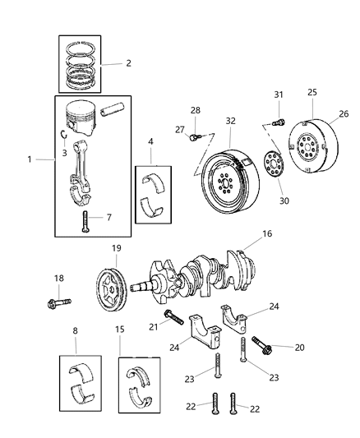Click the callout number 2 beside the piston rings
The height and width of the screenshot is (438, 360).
tap(127, 62)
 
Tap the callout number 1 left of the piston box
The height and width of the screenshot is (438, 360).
tap(31, 159)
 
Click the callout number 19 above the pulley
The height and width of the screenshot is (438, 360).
tap(117, 247)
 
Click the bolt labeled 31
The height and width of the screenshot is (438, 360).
tap(278, 121)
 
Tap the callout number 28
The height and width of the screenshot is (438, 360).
tap(196, 110)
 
